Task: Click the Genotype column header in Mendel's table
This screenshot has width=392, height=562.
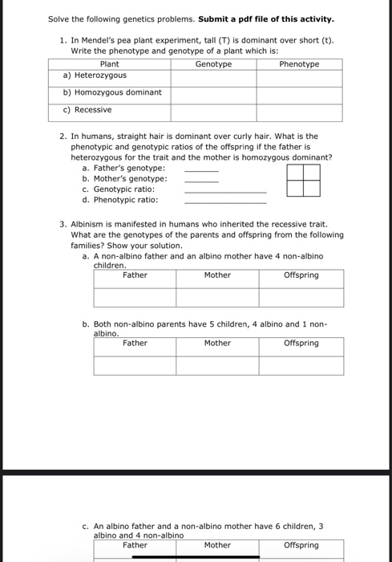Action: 213,64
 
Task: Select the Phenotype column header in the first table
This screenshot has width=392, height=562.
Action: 299,64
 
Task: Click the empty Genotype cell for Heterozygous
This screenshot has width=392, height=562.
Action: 213,76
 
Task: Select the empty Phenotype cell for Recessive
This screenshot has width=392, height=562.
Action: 299,111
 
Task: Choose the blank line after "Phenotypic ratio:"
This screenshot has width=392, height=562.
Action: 224,202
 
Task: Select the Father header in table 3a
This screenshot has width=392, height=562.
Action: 135,275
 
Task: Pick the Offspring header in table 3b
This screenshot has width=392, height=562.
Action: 301,343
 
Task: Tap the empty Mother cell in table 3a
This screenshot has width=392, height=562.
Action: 217,297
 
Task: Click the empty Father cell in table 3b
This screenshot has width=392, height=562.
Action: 135,365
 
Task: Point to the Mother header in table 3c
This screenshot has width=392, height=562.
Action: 217,545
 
